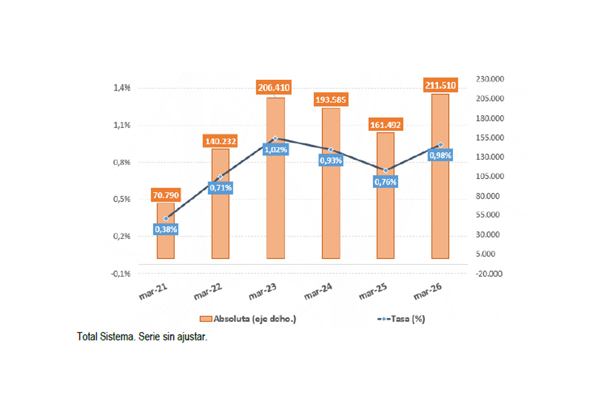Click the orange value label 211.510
click(440, 85)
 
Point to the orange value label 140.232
click(220, 141)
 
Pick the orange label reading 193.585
click(330, 99)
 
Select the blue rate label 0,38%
click(165, 229)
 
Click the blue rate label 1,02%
click(276, 150)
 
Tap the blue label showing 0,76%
click(385, 182)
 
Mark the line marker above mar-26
click(440, 145)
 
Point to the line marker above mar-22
click(220, 177)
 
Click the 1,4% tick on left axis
click(122, 88)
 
